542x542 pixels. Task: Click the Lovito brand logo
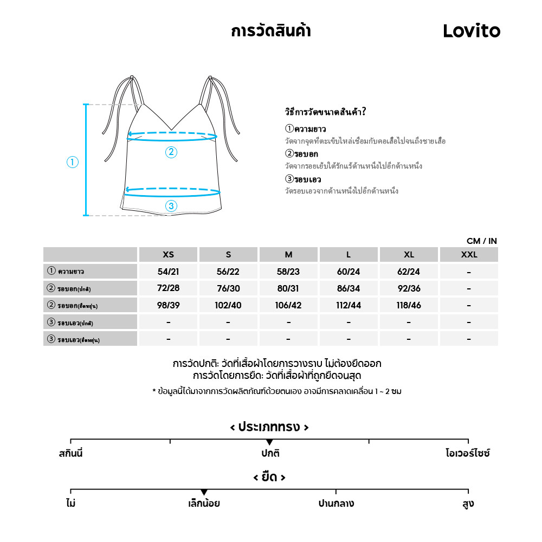pyautogui.click(x=472, y=31)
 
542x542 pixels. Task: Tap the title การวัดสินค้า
pyautogui.click(x=270, y=31)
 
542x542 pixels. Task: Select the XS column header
pyautogui.click(x=169, y=255)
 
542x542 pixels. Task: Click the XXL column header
pyautogui.click(x=469, y=255)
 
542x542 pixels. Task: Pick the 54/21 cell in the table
pyautogui.click(x=169, y=272)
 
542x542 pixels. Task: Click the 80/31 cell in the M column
pyautogui.click(x=288, y=288)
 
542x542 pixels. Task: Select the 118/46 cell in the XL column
pyautogui.click(x=409, y=305)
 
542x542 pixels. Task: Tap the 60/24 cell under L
pyautogui.click(x=349, y=272)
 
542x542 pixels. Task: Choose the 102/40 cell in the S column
pyautogui.click(x=228, y=305)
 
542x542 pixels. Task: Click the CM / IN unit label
pyautogui.click(x=481, y=241)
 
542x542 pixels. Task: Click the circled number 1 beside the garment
pyautogui.click(x=73, y=162)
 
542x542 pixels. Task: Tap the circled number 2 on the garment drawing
pyautogui.click(x=171, y=152)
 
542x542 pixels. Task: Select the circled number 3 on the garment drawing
pyautogui.click(x=171, y=206)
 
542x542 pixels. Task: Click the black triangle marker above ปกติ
pyautogui.click(x=269, y=443)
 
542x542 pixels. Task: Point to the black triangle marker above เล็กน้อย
pyautogui.click(x=204, y=492)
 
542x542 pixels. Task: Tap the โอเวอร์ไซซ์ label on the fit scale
pyautogui.click(x=467, y=453)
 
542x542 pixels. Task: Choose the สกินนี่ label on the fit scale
pyautogui.click(x=71, y=453)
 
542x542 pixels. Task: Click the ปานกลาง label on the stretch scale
pyautogui.click(x=336, y=504)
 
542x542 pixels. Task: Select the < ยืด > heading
pyautogui.click(x=269, y=478)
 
